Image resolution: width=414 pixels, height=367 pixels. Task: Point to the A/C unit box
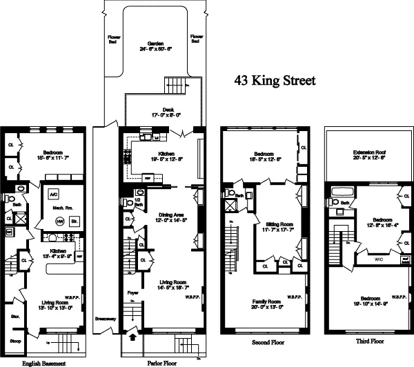(52, 194)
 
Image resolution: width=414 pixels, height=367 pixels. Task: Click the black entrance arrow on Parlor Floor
(132, 339)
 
